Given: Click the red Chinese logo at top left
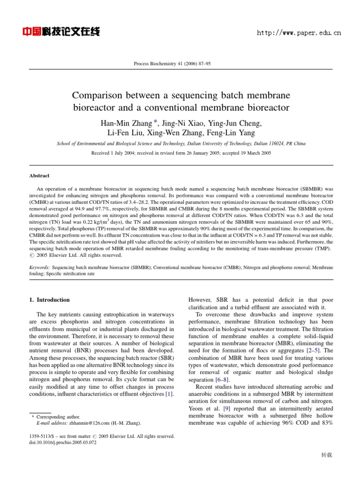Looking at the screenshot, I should pyautogui.click(x=61, y=32).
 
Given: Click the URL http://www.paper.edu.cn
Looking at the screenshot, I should pyautogui.click(x=300, y=33).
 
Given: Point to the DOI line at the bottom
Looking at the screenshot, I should pyautogui.click(x=62, y=443).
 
